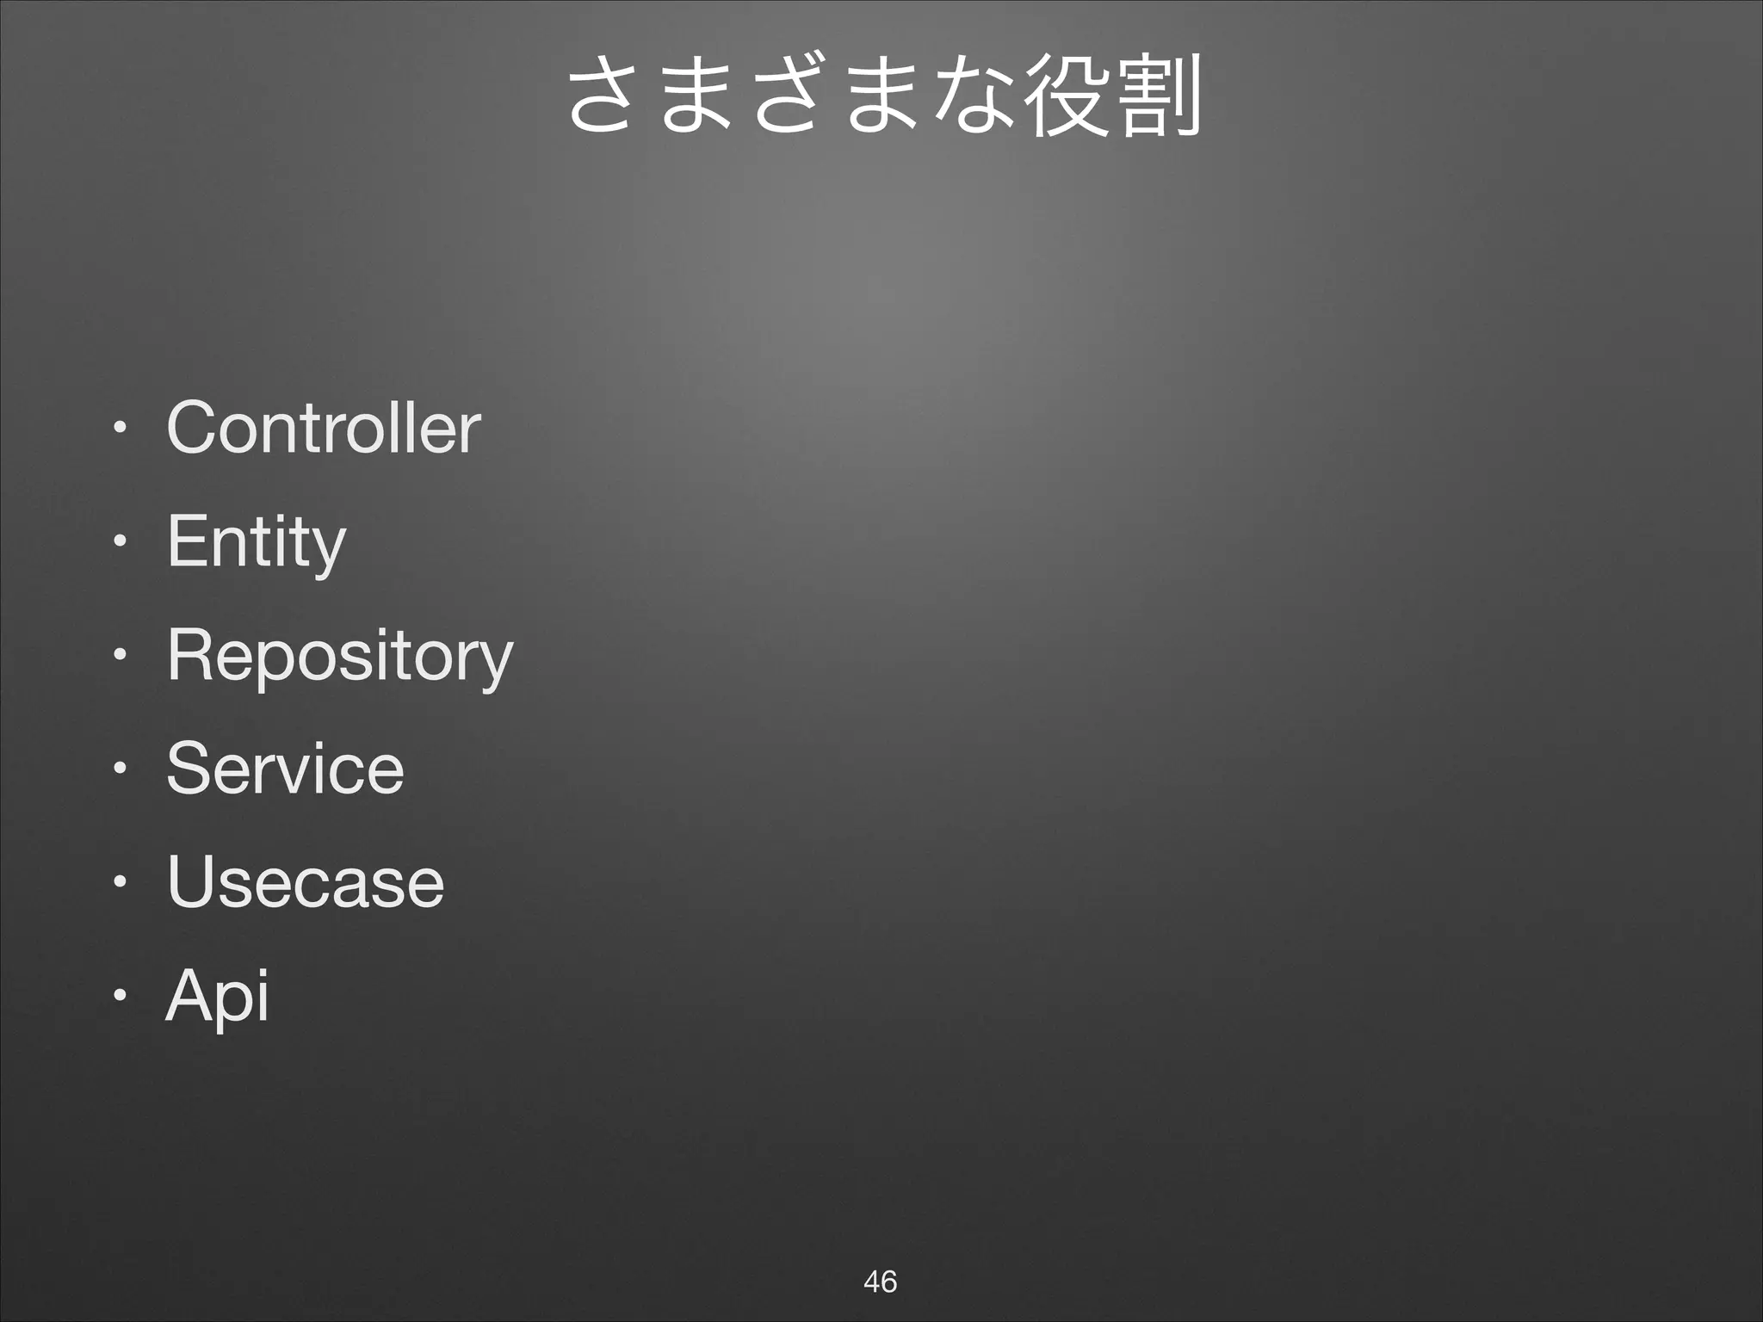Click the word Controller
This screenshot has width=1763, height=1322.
pos(323,428)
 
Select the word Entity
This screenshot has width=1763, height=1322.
pos(256,542)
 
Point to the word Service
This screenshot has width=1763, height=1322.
pos(285,769)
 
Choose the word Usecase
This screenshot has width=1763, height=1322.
pos(306,881)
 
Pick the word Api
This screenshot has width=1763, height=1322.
pos(217,996)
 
